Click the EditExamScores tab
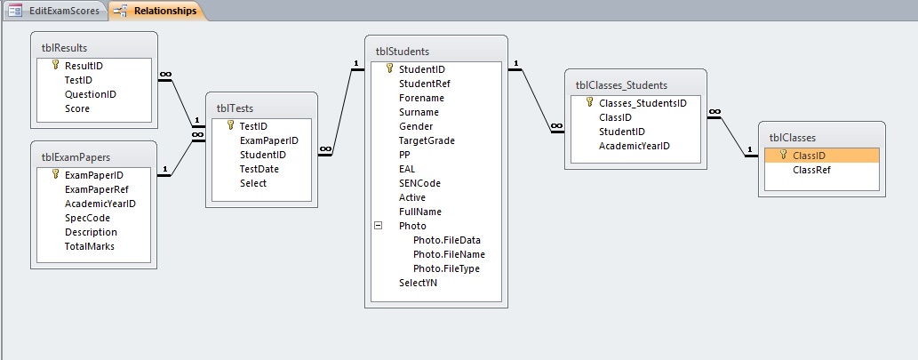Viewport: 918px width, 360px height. point(55,11)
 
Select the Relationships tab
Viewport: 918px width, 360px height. point(157,11)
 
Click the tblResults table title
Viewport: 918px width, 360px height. point(64,48)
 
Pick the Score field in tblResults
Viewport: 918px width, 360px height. point(77,108)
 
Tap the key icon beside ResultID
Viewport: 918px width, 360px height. point(56,65)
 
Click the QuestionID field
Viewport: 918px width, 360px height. point(90,94)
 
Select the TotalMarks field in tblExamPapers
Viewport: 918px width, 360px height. point(90,246)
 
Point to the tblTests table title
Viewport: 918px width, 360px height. point(235,108)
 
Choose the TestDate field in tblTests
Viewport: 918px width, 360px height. point(259,169)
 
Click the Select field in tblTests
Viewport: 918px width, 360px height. point(253,183)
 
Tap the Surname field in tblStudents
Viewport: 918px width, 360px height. point(419,112)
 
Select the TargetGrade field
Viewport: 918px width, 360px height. point(427,140)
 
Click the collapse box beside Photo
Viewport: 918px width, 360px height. point(379,226)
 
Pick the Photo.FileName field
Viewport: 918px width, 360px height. point(449,254)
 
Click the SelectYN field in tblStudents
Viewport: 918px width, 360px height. point(418,283)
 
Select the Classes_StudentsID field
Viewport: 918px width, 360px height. point(643,103)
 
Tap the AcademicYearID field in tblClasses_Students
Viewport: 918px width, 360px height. point(634,146)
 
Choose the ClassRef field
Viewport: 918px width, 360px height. point(811,170)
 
